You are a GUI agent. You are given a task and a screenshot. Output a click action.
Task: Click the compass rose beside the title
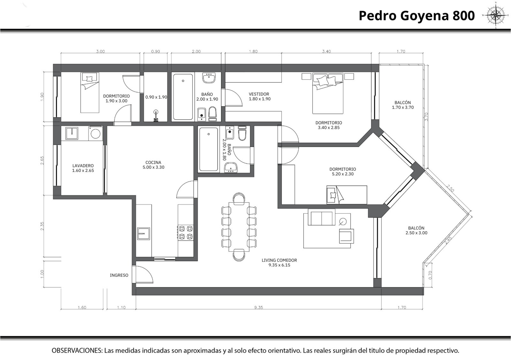coord(496,15)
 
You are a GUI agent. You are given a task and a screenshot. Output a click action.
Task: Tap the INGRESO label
coord(119,275)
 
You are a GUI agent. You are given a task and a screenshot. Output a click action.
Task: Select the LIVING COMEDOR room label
coord(279,263)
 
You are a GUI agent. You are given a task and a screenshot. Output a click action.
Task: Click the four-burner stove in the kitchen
coord(186,233)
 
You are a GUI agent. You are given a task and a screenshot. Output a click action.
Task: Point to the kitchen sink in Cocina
coord(143,234)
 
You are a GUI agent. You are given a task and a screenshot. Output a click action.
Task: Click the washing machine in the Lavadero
coord(95,133)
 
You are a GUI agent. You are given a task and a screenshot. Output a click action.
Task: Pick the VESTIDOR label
coord(259,94)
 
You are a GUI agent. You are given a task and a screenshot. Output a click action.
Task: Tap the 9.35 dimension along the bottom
coord(259,307)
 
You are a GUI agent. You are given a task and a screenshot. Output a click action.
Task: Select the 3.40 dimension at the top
coord(326,51)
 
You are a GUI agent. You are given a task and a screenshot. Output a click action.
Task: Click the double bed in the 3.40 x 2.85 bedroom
coord(328,93)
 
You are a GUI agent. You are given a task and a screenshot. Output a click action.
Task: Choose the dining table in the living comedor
coord(239,226)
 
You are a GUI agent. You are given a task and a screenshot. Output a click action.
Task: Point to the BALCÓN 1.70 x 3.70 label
coord(403,105)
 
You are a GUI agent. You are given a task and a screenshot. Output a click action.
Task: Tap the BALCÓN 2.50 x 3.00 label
coord(416,230)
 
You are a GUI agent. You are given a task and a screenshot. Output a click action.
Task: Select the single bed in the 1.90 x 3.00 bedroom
coord(90,93)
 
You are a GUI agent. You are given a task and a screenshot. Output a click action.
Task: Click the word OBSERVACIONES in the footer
coord(77,350)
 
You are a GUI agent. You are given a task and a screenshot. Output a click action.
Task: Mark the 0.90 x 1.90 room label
coord(156,97)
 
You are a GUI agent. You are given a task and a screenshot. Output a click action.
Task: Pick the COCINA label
coord(153,163)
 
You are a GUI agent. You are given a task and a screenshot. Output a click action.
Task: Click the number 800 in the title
coord(463,16)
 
